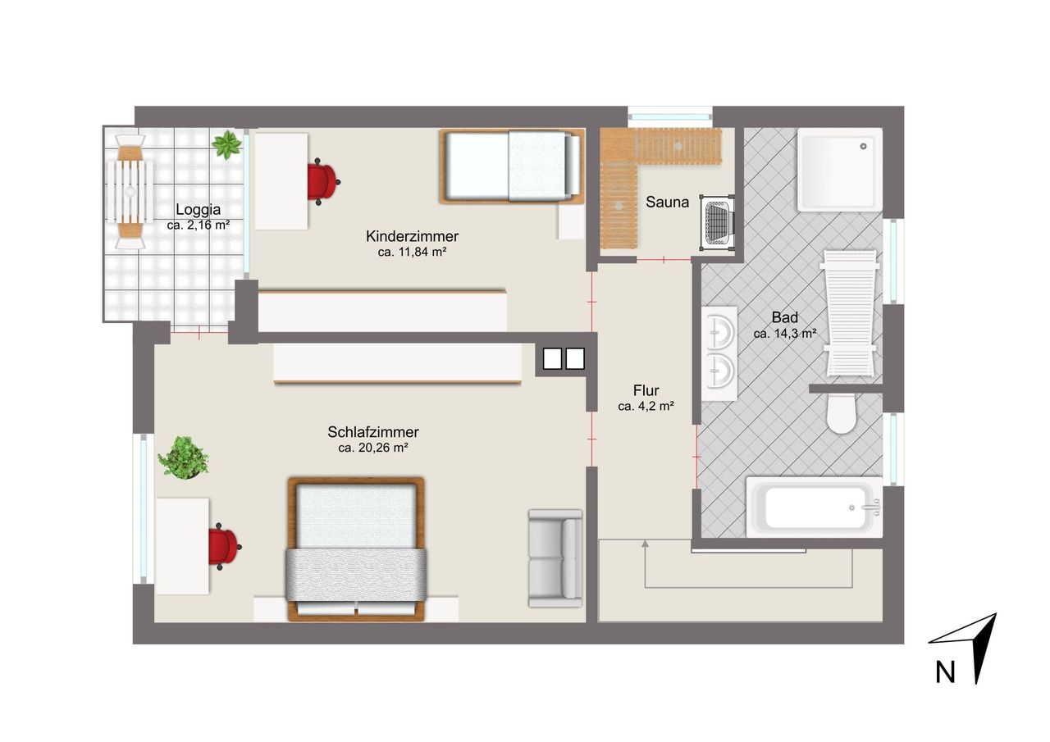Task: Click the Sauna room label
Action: click(667, 203)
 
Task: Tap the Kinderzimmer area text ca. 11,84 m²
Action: click(412, 252)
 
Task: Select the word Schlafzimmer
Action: click(373, 432)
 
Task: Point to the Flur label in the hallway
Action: click(646, 390)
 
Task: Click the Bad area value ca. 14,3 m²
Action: click(785, 334)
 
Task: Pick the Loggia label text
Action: click(198, 209)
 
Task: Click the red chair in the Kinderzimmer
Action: click(322, 182)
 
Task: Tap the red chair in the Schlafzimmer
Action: click(224, 547)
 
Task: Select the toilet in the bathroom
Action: click(841, 413)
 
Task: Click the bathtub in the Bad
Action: click(815, 508)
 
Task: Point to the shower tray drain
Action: click(864, 146)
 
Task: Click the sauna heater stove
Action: click(717, 222)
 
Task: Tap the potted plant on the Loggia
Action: click(227, 144)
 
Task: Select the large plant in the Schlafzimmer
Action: click(183, 457)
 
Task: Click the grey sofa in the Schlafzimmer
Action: click(555, 558)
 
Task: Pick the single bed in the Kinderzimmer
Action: click(513, 166)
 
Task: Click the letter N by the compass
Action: click(945, 672)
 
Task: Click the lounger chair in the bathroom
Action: click(848, 313)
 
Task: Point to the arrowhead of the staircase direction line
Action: click(645, 544)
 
